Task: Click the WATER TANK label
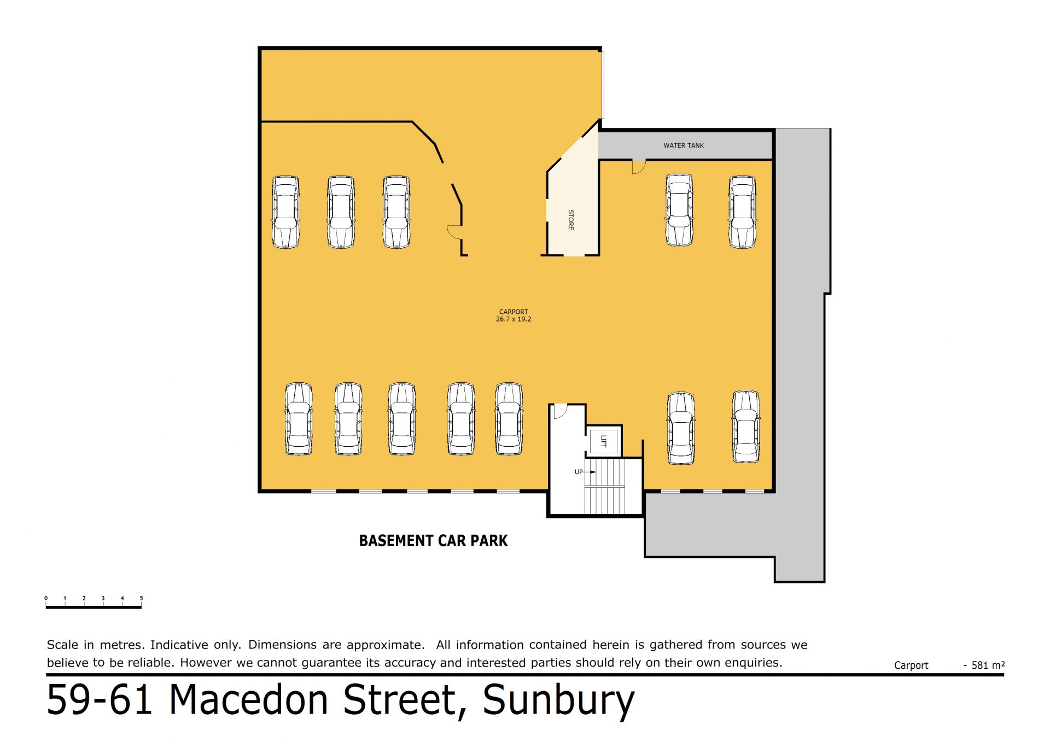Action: point(684,145)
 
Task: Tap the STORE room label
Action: point(571,220)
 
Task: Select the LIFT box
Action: point(604,441)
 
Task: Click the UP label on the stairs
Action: point(579,472)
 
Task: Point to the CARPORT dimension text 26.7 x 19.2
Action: point(514,319)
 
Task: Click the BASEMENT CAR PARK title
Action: point(433,541)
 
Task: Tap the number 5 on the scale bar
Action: point(141,598)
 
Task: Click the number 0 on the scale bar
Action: point(46,598)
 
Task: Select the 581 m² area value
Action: point(988,665)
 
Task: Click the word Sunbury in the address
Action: point(558,700)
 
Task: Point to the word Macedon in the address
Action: point(249,699)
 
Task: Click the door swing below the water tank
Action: point(639,167)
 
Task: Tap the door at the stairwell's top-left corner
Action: point(561,411)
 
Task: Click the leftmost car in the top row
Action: point(285,212)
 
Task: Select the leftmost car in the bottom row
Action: point(299,419)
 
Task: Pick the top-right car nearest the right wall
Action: point(742,212)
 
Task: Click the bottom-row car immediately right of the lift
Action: point(681,428)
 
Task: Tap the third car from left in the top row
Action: point(396,212)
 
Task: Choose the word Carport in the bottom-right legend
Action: point(911,666)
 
